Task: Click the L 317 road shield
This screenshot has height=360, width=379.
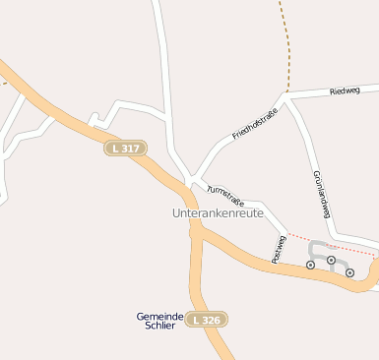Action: [125, 148]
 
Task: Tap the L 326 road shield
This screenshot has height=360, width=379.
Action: [207, 320]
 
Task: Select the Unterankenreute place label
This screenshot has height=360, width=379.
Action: [218, 213]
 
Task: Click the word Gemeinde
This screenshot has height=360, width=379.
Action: [160, 316]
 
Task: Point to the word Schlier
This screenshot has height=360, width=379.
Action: [160, 326]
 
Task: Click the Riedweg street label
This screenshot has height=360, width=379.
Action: [346, 90]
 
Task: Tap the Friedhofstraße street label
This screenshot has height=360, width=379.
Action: [254, 121]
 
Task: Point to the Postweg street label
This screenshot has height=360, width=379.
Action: [280, 249]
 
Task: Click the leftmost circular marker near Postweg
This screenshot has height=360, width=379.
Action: [311, 265]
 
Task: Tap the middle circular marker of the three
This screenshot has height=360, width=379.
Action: [331, 261]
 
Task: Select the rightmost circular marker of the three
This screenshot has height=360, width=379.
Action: [349, 272]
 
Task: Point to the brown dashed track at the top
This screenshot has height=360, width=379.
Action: [284, 44]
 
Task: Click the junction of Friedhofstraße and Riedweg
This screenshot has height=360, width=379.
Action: [284, 97]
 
